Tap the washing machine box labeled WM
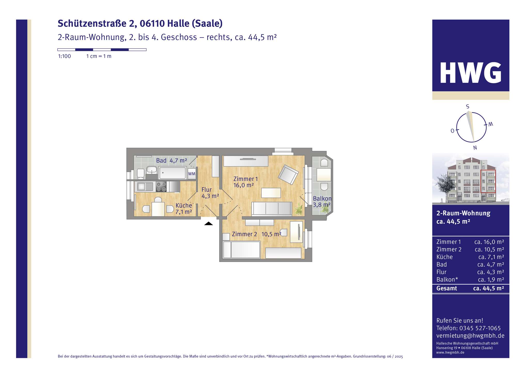[192, 174]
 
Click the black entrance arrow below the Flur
[208, 223]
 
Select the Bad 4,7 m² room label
[171, 161]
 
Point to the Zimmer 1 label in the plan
[245, 179]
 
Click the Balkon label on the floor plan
[322, 199]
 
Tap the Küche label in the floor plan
[184, 206]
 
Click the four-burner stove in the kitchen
[161, 186]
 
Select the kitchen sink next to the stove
[145, 186]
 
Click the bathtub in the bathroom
[172, 173]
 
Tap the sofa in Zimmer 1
[272, 208]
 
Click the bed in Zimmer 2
[242, 250]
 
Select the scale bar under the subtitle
[102, 50]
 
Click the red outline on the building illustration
[488, 182]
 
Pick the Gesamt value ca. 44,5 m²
[488, 289]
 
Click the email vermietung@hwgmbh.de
[470, 336]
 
